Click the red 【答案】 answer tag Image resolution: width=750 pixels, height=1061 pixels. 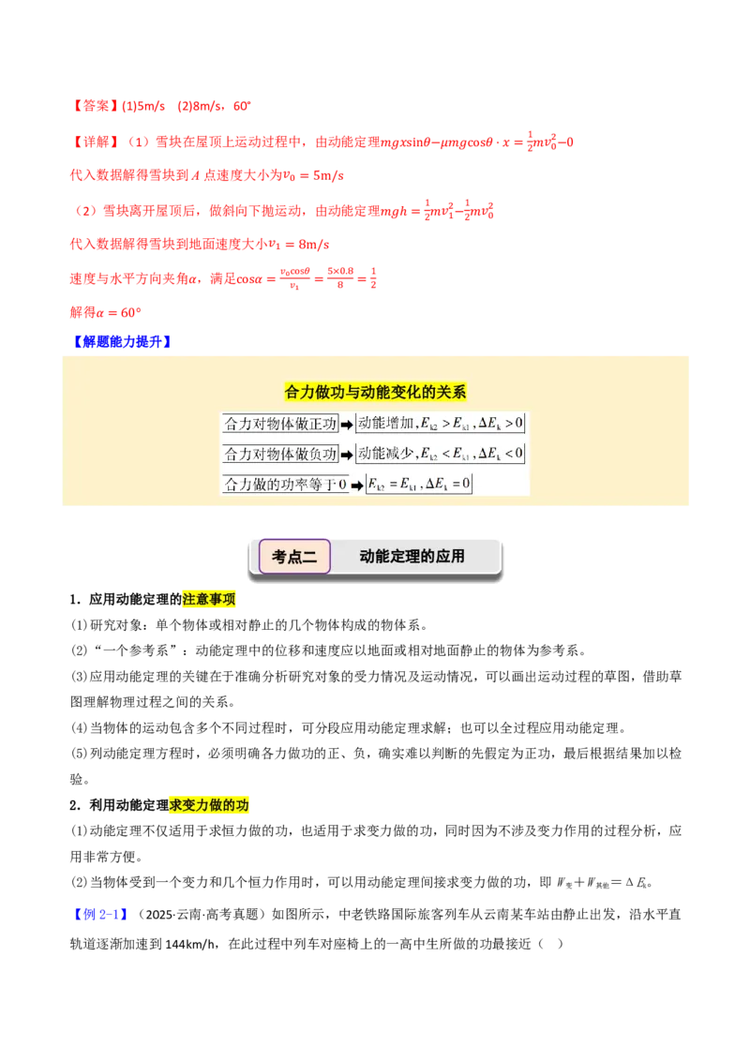click(95, 106)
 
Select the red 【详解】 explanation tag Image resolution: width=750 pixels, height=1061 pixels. click(95, 142)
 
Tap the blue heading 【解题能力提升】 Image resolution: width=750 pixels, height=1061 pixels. click(122, 342)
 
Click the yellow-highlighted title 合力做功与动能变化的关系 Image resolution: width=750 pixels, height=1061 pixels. click(375, 392)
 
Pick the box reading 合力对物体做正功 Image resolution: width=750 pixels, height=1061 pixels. click(280, 425)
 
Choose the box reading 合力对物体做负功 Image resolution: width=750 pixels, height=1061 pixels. click(280, 454)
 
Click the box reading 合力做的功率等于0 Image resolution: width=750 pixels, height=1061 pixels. click(285, 485)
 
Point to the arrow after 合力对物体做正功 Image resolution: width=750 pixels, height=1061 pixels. click(347, 425)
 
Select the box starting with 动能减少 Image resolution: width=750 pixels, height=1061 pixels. click(440, 454)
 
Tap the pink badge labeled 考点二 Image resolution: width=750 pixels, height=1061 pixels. click(294, 557)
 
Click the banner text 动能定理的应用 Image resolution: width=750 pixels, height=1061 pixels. click(412, 556)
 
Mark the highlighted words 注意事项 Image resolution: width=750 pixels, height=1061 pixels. click(209, 599)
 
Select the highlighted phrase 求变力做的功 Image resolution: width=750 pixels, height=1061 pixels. click(209, 804)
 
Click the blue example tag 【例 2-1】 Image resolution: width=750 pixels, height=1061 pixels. click(99, 914)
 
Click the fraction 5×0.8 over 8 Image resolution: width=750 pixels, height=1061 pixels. click(340, 277)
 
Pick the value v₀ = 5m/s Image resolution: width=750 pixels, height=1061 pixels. click(313, 175)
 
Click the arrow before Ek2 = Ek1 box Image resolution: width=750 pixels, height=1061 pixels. click(357, 486)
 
